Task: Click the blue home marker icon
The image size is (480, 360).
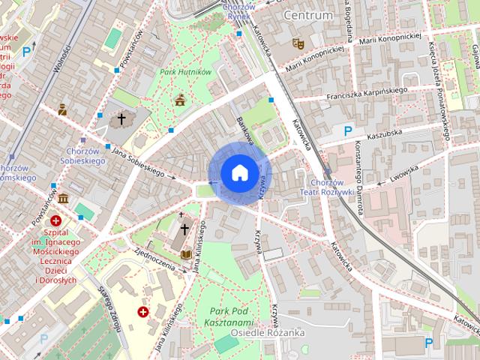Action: click(238, 172)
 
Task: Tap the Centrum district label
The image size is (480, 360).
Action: click(307, 15)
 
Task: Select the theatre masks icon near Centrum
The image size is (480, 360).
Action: click(298, 43)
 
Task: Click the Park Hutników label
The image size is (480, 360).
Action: click(185, 72)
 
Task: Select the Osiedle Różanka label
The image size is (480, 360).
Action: click(268, 332)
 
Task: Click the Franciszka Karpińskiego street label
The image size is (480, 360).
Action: click(367, 94)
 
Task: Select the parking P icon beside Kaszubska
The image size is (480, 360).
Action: click(347, 131)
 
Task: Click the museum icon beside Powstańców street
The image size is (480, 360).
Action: click(63, 199)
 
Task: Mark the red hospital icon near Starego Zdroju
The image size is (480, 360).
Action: click(142, 310)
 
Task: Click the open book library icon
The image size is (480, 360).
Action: click(186, 255)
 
